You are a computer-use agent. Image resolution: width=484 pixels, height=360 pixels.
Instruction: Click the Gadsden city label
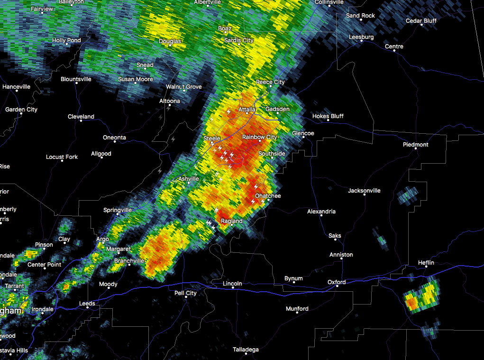277,109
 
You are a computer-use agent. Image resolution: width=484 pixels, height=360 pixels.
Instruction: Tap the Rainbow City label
259,137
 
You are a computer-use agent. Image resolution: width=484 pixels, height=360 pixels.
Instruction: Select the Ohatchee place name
268,196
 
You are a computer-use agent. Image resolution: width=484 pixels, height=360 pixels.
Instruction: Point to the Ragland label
231,221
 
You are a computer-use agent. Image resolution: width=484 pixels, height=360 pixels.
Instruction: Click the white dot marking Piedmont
416,148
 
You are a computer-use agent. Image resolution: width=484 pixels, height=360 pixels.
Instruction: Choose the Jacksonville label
364,191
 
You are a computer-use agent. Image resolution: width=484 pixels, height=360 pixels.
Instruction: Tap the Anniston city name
341,255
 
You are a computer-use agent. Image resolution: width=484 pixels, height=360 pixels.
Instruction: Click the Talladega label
246,350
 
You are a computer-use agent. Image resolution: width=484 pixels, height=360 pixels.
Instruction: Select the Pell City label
185,293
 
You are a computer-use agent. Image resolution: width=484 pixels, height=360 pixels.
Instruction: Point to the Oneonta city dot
115,141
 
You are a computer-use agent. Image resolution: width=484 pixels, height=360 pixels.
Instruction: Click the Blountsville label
76,79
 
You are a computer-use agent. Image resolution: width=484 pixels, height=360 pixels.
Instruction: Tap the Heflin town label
426,263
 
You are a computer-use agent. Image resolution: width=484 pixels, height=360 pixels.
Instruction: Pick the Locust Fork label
62,157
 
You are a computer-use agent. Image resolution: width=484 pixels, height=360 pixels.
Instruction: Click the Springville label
118,210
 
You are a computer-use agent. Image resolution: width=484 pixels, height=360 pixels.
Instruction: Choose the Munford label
297,309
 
